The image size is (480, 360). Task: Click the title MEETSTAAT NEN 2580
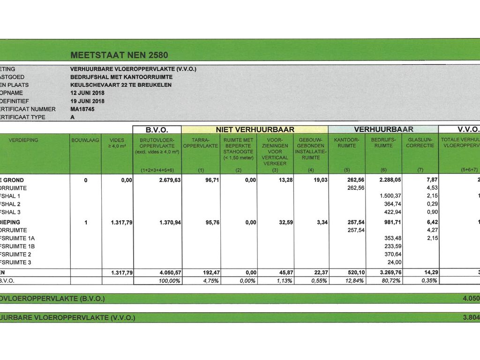[119, 55]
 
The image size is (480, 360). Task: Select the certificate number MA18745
[82, 109]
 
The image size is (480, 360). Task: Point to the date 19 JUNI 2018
[88, 101]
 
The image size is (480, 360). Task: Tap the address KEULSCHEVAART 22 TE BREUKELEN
[121, 85]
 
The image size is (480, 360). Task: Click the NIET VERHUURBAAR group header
[255, 129]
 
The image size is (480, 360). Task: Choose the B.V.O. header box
[157, 129]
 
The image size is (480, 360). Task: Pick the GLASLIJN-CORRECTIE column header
[420, 142]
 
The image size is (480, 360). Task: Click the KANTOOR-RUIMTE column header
[347, 142]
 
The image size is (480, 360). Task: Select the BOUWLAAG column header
[85, 140]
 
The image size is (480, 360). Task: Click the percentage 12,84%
[354, 280]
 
